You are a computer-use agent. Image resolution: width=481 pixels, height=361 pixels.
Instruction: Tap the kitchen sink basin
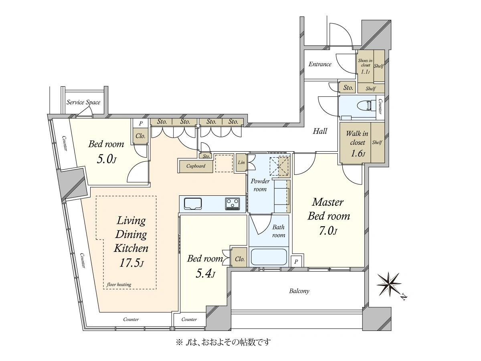click(x=193, y=204)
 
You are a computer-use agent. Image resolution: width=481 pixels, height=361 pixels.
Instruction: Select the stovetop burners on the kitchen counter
click(x=232, y=204)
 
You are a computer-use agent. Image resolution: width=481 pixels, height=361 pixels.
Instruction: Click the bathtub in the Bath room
click(x=269, y=256)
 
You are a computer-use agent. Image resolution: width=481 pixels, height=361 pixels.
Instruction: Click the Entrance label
click(x=320, y=64)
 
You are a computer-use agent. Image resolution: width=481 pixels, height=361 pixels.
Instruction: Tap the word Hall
click(x=320, y=131)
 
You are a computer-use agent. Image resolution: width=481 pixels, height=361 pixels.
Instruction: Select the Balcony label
click(x=299, y=291)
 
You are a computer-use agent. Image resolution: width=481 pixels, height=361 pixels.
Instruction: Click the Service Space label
click(x=83, y=102)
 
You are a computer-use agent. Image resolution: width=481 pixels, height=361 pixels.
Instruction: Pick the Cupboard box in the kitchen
click(x=196, y=166)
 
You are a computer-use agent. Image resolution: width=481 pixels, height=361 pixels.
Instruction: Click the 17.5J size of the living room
click(x=131, y=263)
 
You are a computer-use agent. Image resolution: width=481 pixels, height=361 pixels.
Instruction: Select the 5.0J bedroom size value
click(x=106, y=159)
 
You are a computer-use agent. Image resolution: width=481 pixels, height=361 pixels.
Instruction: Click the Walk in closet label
click(x=357, y=138)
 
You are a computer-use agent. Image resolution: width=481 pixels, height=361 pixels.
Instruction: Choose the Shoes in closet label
click(x=365, y=63)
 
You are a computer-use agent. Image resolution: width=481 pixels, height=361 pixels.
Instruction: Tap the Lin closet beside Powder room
click(x=241, y=162)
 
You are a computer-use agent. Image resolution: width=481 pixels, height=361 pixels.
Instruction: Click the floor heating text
click(x=119, y=284)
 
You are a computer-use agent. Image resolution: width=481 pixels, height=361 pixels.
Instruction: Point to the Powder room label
click(x=260, y=185)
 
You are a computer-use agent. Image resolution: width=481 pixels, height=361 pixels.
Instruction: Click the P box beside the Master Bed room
click(x=296, y=261)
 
